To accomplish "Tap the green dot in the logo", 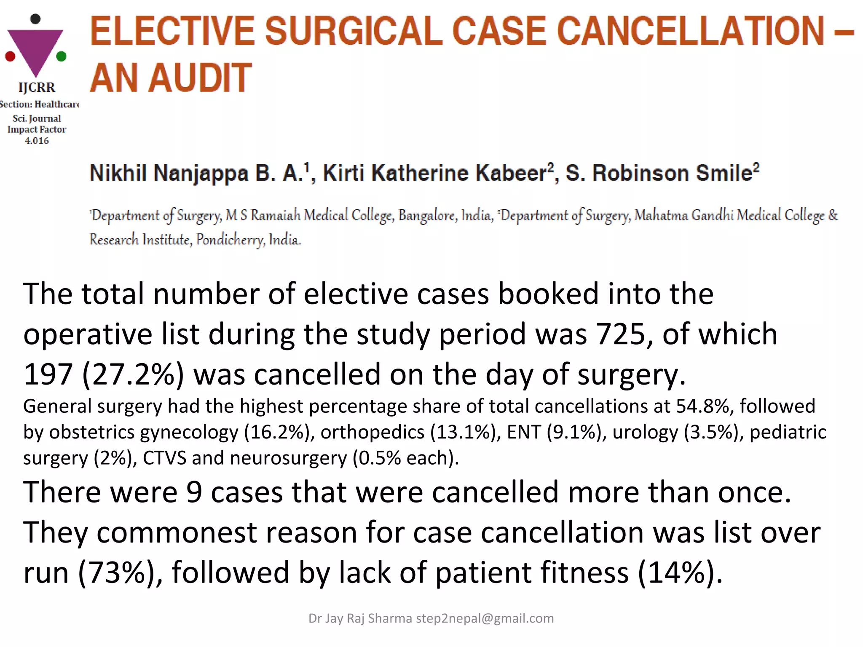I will click(61, 56).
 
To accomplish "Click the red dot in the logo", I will click(10, 56).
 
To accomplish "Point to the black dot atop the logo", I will click(36, 19).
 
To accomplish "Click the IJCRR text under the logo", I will click(37, 88).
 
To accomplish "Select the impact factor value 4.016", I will click(37, 141).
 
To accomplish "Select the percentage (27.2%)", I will click(133, 374).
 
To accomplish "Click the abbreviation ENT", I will click(524, 432).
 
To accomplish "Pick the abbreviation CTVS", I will click(164, 458).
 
